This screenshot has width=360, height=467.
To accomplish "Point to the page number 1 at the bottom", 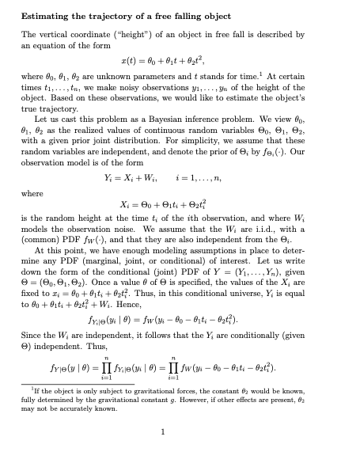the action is (161, 431).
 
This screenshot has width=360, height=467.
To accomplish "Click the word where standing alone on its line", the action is (32, 192).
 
